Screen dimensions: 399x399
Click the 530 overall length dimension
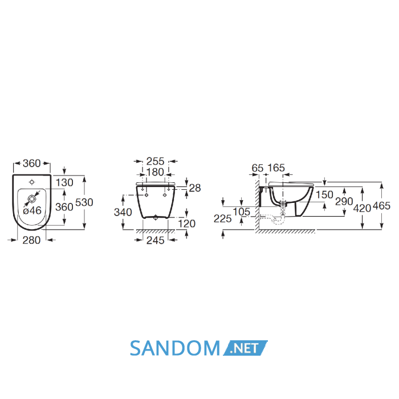(84, 202)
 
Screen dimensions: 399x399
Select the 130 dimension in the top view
(64, 182)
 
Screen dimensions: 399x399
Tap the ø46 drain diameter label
(32, 210)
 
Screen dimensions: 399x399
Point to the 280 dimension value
(31, 240)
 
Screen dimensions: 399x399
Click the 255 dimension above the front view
(155, 161)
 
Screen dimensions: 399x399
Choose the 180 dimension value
(155, 172)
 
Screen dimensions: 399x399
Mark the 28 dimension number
(195, 188)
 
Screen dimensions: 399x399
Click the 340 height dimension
(123, 212)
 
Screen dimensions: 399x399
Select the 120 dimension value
(186, 223)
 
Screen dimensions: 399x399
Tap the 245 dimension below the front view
(155, 240)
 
